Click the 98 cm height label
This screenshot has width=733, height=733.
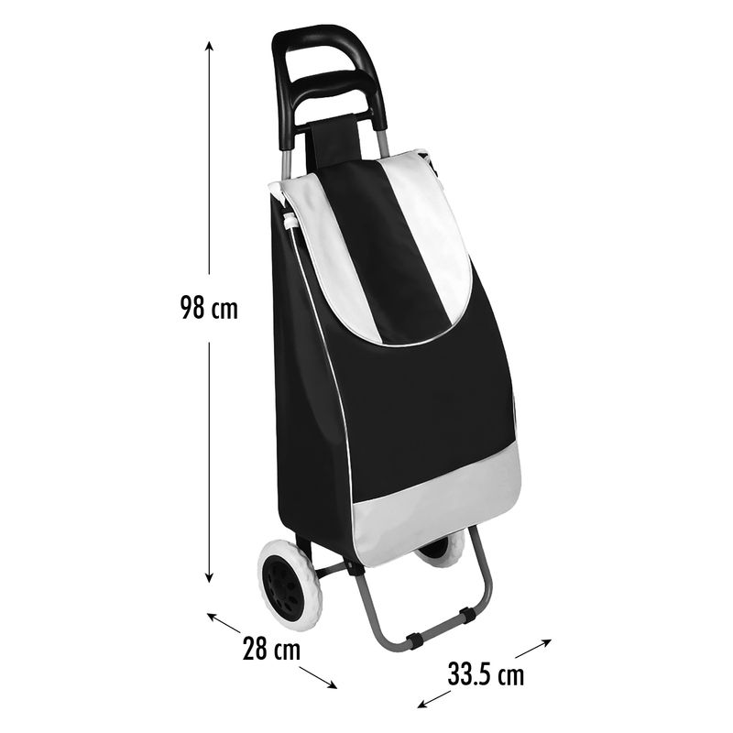point(209,308)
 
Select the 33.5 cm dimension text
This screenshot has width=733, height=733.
point(487,674)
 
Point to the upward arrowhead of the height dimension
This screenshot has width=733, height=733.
point(210,46)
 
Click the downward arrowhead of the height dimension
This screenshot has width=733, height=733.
point(210,577)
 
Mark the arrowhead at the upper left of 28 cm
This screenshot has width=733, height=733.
point(212,616)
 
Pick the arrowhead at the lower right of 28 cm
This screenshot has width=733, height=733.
point(332,685)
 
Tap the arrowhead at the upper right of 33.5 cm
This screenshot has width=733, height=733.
point(546,642)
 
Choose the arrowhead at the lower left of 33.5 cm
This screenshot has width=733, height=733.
point(422,705)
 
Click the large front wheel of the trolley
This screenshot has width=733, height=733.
point(290,585)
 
